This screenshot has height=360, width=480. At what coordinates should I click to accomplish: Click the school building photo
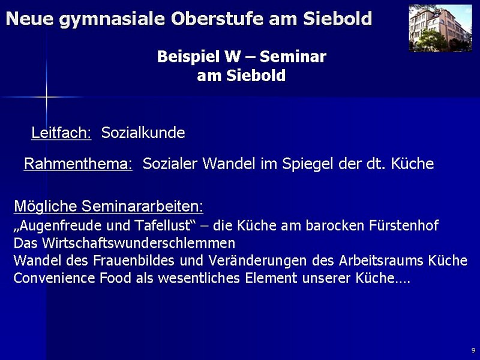440,28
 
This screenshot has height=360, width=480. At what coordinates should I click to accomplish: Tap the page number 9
473,350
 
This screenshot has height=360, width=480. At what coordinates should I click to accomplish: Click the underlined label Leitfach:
61,133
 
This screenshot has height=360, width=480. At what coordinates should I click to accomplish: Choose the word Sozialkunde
143,133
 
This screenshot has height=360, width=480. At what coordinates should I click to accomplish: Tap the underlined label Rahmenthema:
78,164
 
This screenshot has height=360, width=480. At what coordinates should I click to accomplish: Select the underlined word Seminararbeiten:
142,206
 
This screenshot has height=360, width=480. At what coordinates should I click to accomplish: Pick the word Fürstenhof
404,226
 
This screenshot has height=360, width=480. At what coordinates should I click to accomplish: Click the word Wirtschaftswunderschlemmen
139,243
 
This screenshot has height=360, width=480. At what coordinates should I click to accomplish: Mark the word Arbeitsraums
381,260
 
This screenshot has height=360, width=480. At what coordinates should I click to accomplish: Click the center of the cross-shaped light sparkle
47,97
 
